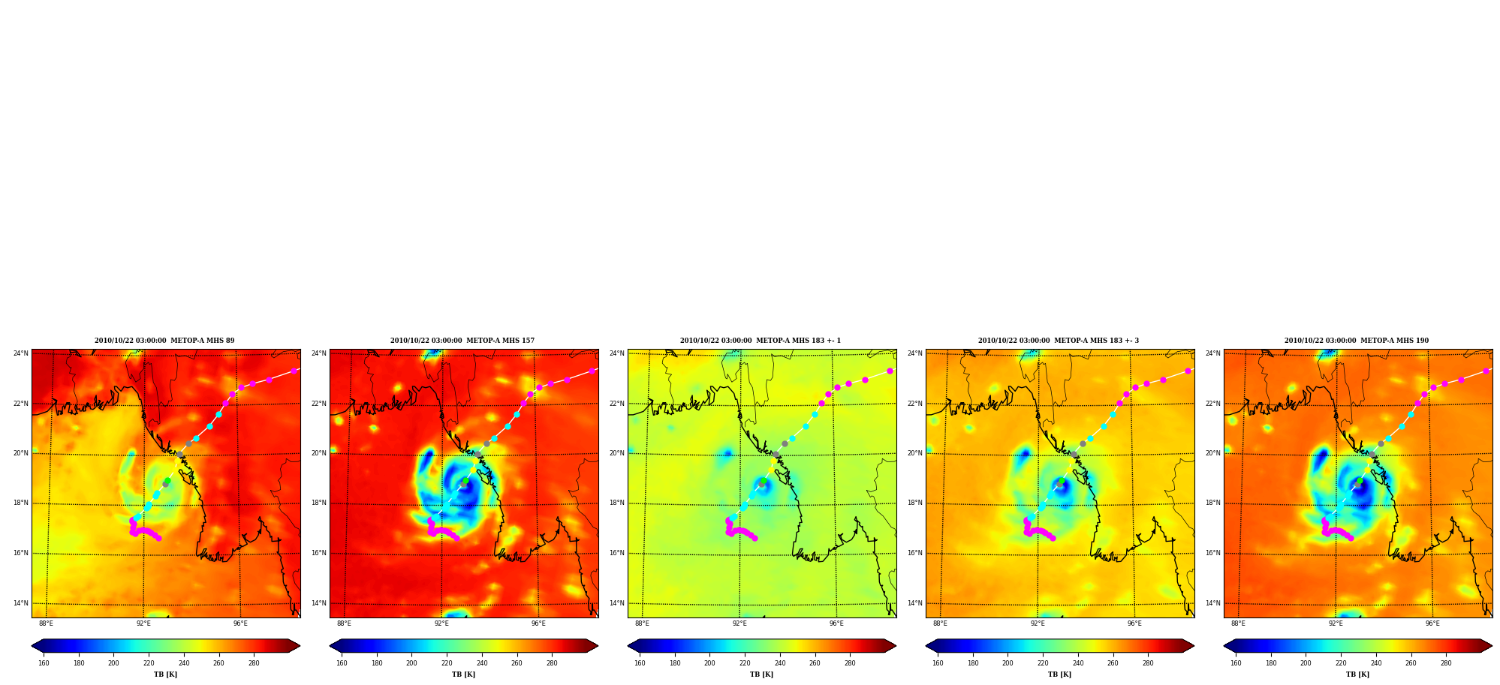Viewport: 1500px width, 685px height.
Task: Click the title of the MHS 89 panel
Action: (x=164, y=341)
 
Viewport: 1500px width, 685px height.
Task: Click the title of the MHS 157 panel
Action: (x=462, y=341)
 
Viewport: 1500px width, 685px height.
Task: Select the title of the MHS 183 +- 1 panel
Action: (x=761, y=341)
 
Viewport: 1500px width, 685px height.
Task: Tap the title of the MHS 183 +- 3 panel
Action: (x=1059, y=341)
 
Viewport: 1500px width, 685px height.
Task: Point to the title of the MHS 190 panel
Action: (x=1357, y=341)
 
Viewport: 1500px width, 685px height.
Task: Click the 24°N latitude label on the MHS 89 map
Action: (x=20, y=353)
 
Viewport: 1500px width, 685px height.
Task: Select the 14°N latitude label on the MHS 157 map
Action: (x=318, y=603)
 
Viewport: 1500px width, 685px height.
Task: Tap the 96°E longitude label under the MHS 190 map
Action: (x=1432, y=623)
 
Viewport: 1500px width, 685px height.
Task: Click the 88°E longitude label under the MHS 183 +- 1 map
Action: (x=642, y=623)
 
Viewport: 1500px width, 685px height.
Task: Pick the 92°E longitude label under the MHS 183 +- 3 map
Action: (x=1038, y=623)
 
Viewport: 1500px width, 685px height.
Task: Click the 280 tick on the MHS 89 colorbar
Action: (x=254, y=663)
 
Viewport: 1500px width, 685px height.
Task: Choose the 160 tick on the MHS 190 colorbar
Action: (x=1236, y=663)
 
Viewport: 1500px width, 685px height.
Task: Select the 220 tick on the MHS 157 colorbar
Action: (x=447, y=663)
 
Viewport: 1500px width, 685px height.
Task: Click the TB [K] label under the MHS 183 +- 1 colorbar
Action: (x=761, y=674)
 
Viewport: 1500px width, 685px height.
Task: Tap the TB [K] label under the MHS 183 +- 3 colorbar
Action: (x=1059, y=674)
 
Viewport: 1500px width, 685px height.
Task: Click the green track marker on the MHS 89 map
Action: (x=167, y=481)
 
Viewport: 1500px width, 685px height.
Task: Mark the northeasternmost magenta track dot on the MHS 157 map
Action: (x=592, y=371)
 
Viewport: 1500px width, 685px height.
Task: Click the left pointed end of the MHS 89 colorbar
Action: (x=32, y=646)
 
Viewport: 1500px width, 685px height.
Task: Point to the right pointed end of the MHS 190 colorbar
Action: (x=1491, y=646)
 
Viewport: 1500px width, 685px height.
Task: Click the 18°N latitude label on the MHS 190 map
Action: (x=1212, y=503)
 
